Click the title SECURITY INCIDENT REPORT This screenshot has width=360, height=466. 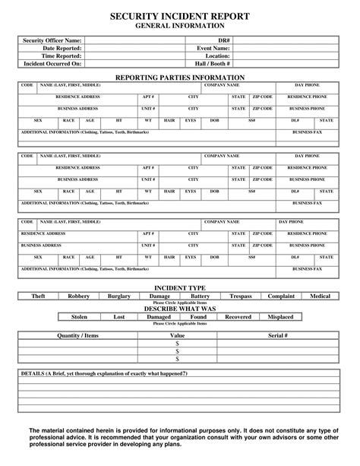180,16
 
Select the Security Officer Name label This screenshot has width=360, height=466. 52,40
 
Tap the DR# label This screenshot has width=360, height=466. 224,40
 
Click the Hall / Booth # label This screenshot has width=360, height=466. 211,64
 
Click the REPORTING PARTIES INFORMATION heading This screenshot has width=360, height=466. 180,78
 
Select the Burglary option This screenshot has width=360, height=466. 120,295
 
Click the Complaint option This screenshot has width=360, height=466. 281,295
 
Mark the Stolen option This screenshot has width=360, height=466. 79,316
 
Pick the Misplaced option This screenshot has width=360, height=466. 280,316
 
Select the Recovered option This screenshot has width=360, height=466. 238,316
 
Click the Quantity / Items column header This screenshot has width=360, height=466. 78,335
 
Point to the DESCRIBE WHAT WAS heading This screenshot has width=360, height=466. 180,309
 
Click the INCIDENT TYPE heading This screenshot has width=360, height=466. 180,288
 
